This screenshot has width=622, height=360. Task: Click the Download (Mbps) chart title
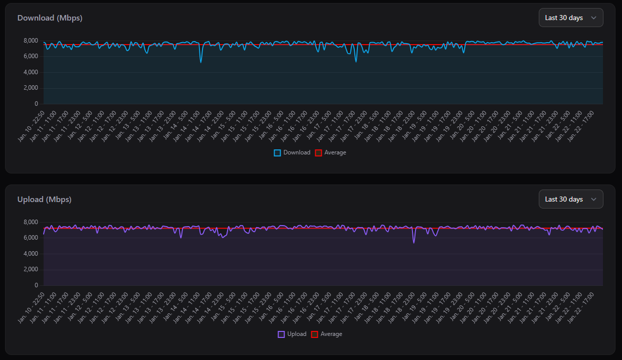tap(50, 18)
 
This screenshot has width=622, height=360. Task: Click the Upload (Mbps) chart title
tap(44, 200)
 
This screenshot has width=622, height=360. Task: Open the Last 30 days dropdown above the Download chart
tap(570, 18)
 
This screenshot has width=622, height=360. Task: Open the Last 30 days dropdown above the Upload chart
tap(570, 199)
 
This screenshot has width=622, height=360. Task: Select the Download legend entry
tap(292, 152)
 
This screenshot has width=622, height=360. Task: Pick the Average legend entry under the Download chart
tap(330, 152)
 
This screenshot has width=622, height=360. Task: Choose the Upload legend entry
tap(292, 334)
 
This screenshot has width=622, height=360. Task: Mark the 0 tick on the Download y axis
tap(36, 104)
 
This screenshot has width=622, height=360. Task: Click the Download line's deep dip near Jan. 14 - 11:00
tap(201, 62)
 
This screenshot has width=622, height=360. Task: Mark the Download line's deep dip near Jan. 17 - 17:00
tap(356, 61)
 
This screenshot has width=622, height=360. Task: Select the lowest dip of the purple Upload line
tap(414, 243)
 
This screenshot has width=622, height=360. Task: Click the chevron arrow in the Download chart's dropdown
tap(594, 18)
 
